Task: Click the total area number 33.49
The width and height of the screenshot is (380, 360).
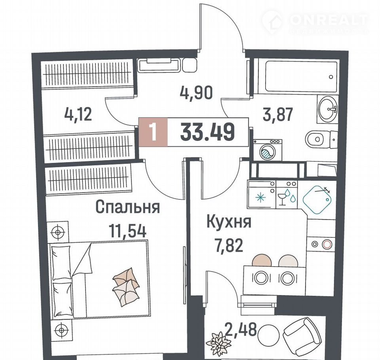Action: (x=207, y=132)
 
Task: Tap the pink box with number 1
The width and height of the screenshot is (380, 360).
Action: (x=153, y=132)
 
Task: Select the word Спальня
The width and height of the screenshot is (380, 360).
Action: (x=128, y=207)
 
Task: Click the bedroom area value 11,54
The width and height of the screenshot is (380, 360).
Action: (x=127, y=231)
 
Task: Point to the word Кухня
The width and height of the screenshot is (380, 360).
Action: (x=229, y=222)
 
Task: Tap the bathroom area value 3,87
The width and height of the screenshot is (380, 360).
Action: (x=278, y=114)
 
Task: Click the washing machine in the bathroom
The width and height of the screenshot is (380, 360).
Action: (x=268, y=150)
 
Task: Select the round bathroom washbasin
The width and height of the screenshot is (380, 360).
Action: (x=327, y=108)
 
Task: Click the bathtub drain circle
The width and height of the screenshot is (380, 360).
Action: (x=331, y=77)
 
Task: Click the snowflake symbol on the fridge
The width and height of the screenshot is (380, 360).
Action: (x=261, y=198)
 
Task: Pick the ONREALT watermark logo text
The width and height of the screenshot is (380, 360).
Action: (x=328, y=20)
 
